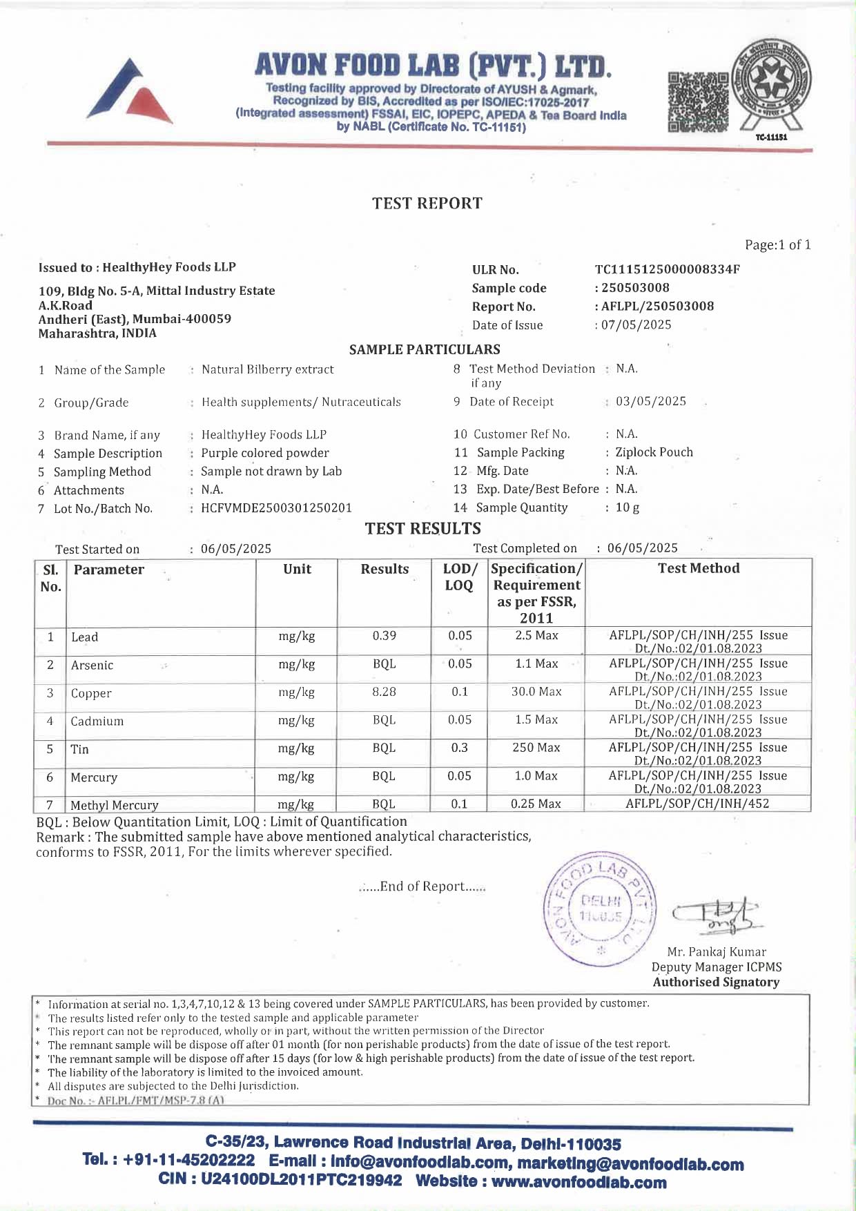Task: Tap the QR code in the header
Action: click(698, 102)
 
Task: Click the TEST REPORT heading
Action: click(427, 203)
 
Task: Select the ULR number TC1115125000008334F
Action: click(667, 269)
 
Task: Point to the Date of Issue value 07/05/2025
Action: click(636, 324)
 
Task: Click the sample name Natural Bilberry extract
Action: click(267, 369)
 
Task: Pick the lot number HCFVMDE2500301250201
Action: click(276, 507)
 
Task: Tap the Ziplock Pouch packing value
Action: click(654, 452)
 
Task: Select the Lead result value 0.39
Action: click(385, 636)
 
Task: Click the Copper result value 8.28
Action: click(385, 692)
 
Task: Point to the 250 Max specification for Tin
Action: click(536, 748)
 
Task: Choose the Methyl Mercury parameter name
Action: click(115, 805)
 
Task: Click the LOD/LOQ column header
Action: click(459, 577)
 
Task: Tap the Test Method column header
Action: click(699, 568)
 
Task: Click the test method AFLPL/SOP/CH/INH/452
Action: click(697, 804)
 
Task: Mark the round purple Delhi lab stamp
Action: click(600, 908)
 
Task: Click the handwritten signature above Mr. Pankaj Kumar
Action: click(717, 916)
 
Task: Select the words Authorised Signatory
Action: click(716, 982)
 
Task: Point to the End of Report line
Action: click(422, 887)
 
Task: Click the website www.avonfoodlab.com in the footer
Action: click(578, 1182)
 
